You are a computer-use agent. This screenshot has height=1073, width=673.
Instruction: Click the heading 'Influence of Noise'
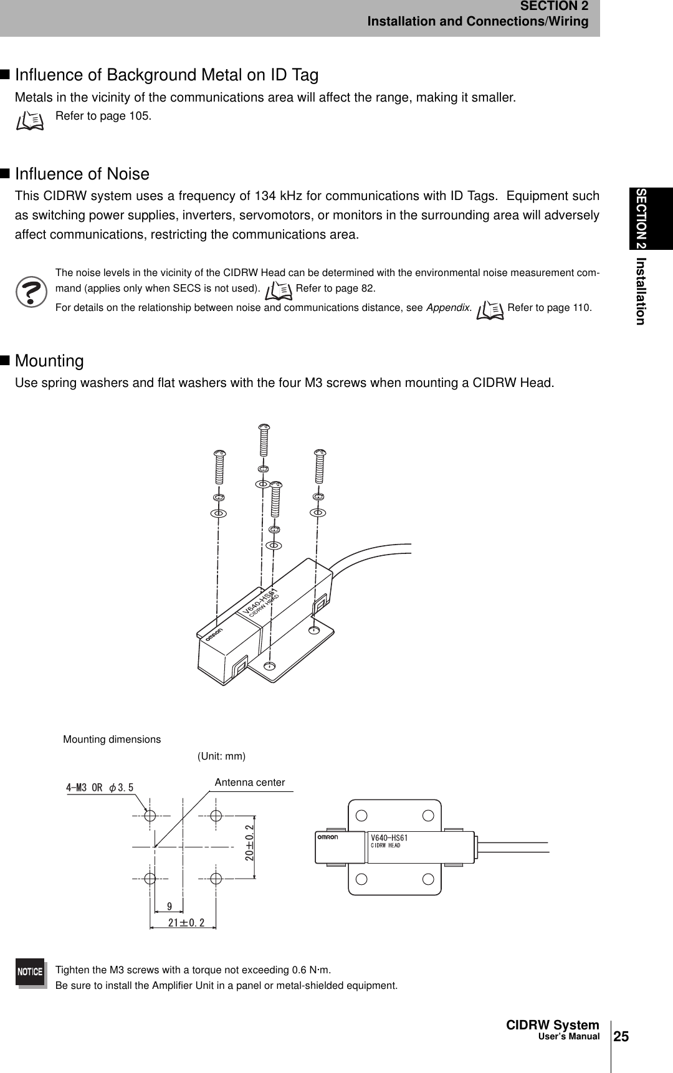[82, 173]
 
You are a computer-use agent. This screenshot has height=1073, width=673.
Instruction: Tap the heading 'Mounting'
[49, 361]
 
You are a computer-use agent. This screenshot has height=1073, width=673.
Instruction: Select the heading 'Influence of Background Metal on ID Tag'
[166, 75]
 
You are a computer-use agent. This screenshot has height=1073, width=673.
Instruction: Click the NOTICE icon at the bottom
[31, 971]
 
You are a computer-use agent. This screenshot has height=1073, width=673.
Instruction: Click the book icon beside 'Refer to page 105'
[30, 120]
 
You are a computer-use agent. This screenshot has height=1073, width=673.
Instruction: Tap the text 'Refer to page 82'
[335, 289]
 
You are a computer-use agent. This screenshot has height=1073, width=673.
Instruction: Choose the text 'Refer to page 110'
[550, 308]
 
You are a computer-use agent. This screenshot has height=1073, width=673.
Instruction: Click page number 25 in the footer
[621, 1036]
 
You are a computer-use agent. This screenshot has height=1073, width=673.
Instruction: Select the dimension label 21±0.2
[186, 922]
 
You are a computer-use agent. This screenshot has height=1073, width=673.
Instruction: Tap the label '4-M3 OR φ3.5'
[100, 787]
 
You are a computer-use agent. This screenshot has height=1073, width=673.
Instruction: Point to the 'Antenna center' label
[250, 782]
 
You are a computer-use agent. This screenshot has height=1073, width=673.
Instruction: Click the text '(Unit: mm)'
[222, 756]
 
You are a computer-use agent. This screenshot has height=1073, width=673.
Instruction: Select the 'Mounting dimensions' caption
[112, 740]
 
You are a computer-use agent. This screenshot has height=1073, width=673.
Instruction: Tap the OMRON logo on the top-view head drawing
[328, 838]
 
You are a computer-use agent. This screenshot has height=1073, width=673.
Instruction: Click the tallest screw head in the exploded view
[264, 428]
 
